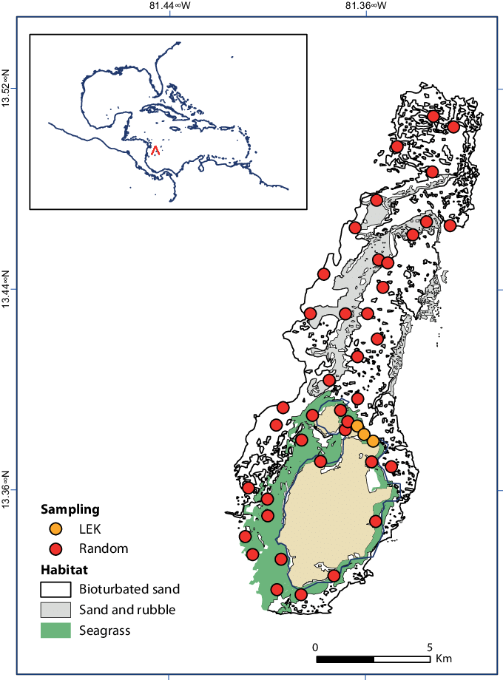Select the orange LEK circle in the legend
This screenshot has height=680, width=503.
point(55,529)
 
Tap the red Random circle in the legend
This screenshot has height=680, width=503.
point(55,548)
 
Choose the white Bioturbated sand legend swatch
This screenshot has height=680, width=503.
point(55,590)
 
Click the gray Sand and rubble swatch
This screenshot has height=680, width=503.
point(55,610)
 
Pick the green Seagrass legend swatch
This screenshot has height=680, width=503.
point(55,630)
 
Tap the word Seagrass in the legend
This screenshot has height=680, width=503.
point(104,630)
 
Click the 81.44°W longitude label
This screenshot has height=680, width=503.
point(169,5)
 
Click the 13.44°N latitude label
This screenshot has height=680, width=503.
point(7,290)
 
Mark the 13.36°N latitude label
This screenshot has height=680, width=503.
point(7,489)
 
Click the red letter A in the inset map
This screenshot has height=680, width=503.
point(155,150)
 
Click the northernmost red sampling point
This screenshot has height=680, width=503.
point(433,116)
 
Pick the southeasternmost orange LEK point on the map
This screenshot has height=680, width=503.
point(374,441)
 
